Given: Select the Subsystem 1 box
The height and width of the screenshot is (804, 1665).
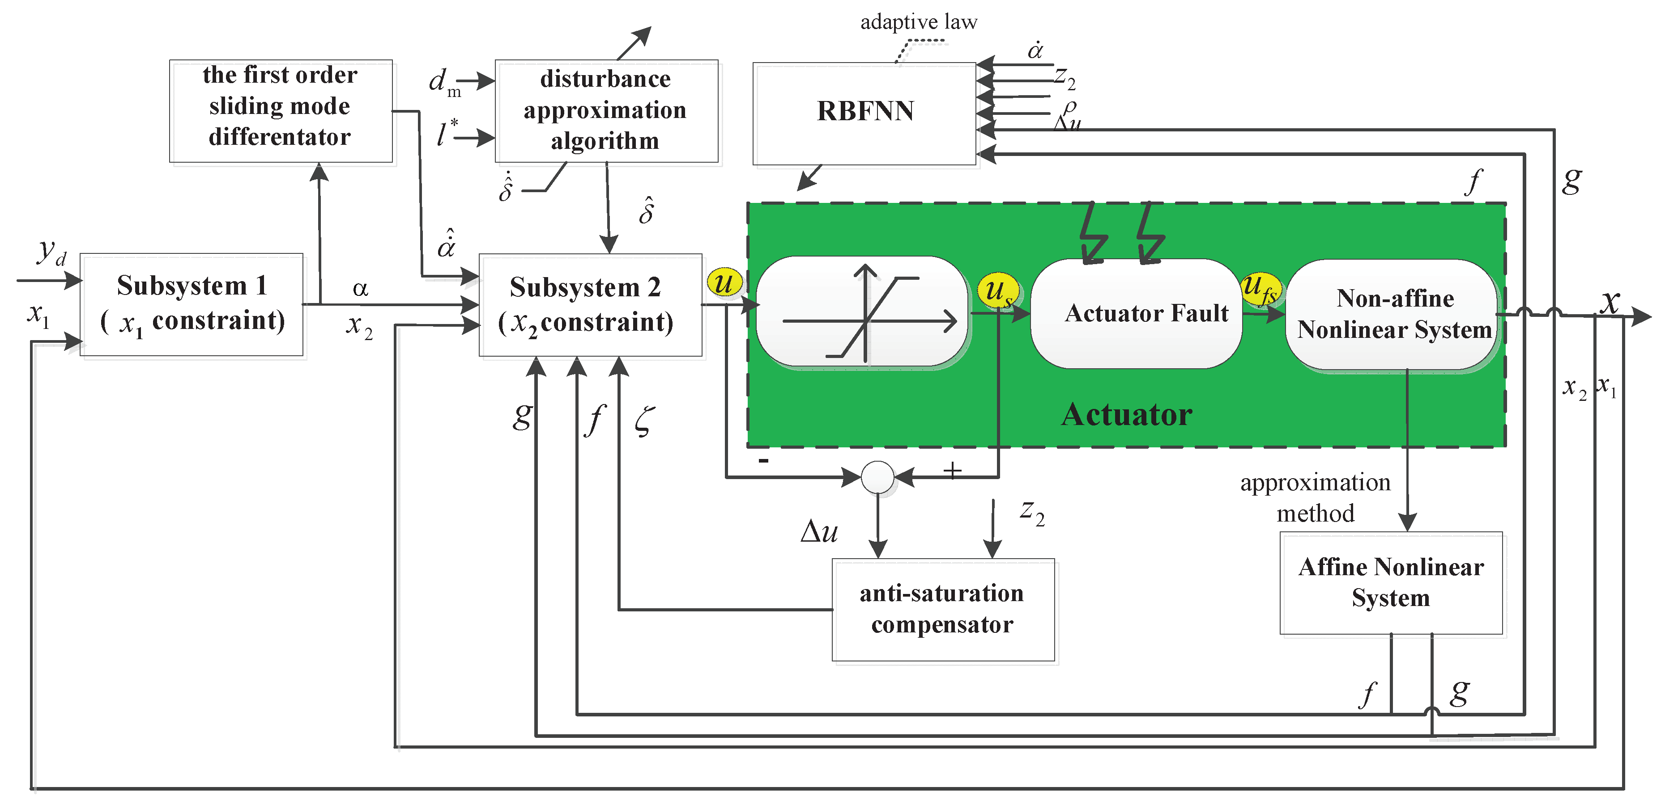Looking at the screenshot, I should (x=192, y=304).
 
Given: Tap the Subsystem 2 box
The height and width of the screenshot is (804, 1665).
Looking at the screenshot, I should (x=590, y=304).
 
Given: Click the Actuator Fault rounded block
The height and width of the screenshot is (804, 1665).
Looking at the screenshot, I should (x=1136, y=314).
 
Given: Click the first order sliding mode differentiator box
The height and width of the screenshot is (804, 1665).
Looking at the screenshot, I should (x=281, y=110).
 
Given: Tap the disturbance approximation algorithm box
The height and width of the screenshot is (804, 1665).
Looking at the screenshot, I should (x=605, y=110).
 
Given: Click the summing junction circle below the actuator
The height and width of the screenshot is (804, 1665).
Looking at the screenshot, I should (x=877, y=477).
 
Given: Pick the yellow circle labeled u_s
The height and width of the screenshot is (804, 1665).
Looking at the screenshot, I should (x=997, y=290).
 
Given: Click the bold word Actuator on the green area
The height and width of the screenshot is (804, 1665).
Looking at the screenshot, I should (x=1126, y=415).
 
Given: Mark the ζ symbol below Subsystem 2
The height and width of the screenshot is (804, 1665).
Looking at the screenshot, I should (x=644, y=421).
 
